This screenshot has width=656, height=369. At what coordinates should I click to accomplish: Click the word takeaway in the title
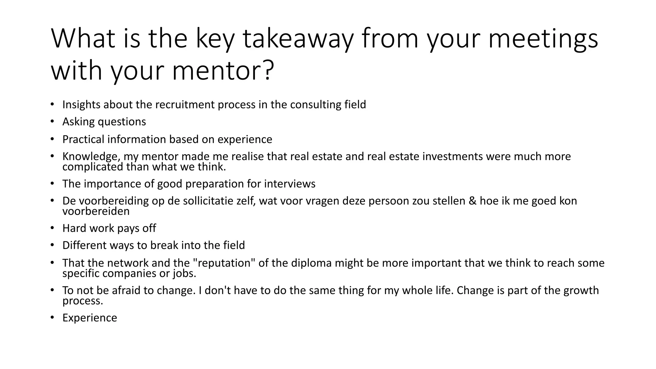[298, 39]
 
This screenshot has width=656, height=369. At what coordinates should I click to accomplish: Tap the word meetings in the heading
[543, 39]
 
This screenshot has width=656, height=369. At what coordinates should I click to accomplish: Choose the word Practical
[83, 139]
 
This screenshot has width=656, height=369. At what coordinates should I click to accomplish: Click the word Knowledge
[91, 156]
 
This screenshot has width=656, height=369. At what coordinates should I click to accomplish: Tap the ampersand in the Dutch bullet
[472, 201]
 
